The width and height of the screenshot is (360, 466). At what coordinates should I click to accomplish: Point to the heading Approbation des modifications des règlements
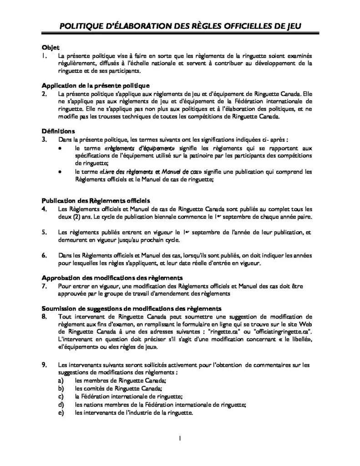[x=112, y=278]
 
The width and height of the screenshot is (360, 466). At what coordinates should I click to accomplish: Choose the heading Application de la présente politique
[x=96, y=86]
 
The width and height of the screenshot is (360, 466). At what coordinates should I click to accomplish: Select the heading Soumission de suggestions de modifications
[x=132, y=308]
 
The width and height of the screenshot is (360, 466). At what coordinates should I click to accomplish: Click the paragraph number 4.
[x=44, y=209]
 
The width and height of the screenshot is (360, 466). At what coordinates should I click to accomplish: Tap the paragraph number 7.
[x=44, y=286]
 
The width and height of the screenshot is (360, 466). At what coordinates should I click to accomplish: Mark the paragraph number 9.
[x=44, y=365]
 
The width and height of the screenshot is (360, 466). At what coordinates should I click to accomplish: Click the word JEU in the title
[x=291, y=27]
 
